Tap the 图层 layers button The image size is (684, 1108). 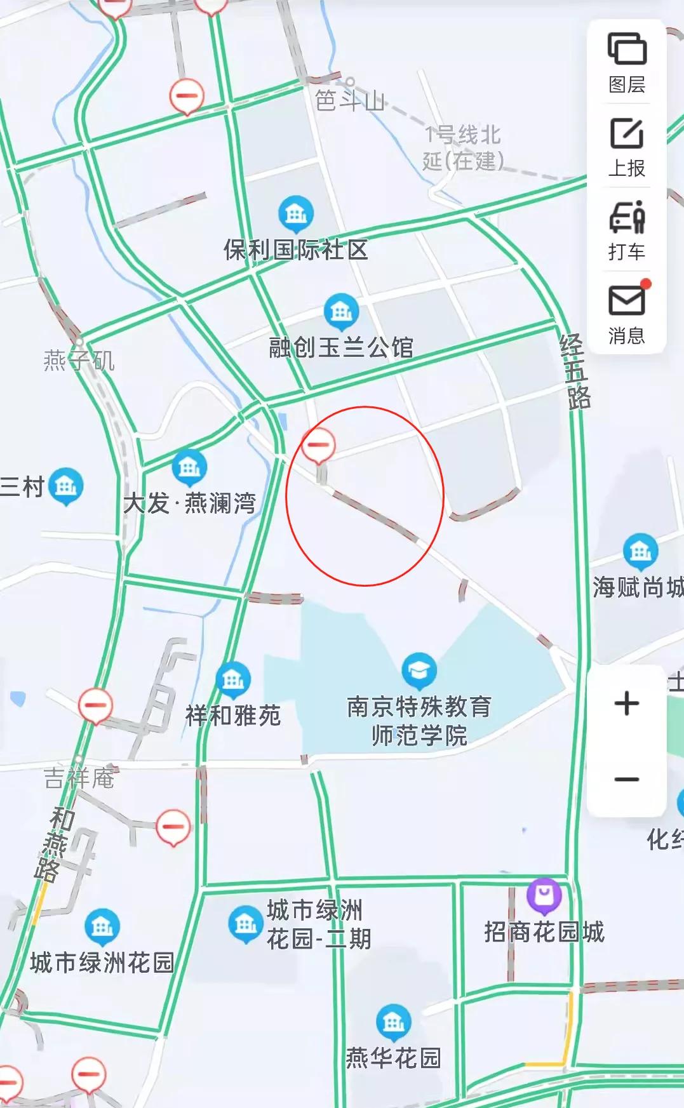[627, 62]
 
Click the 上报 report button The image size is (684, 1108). [627, 147]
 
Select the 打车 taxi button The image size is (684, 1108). [627, 230]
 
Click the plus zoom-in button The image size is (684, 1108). [627, 704]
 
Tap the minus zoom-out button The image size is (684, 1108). [627, 779]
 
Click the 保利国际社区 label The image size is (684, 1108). [296, 250]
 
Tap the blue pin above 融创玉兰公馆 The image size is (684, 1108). [341, 311]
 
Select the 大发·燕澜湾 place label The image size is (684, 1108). [190, 504]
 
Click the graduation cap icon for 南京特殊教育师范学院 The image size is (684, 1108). [419, 671]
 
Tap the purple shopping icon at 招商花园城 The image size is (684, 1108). [544, 895]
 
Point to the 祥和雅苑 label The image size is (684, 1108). [233, 716]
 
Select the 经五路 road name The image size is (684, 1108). [575, 372]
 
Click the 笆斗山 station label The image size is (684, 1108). [350, 100]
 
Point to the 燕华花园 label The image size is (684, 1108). [393, 1058]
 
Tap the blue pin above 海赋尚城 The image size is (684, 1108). [640, 551]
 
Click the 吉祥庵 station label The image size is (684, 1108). [79, 778]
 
